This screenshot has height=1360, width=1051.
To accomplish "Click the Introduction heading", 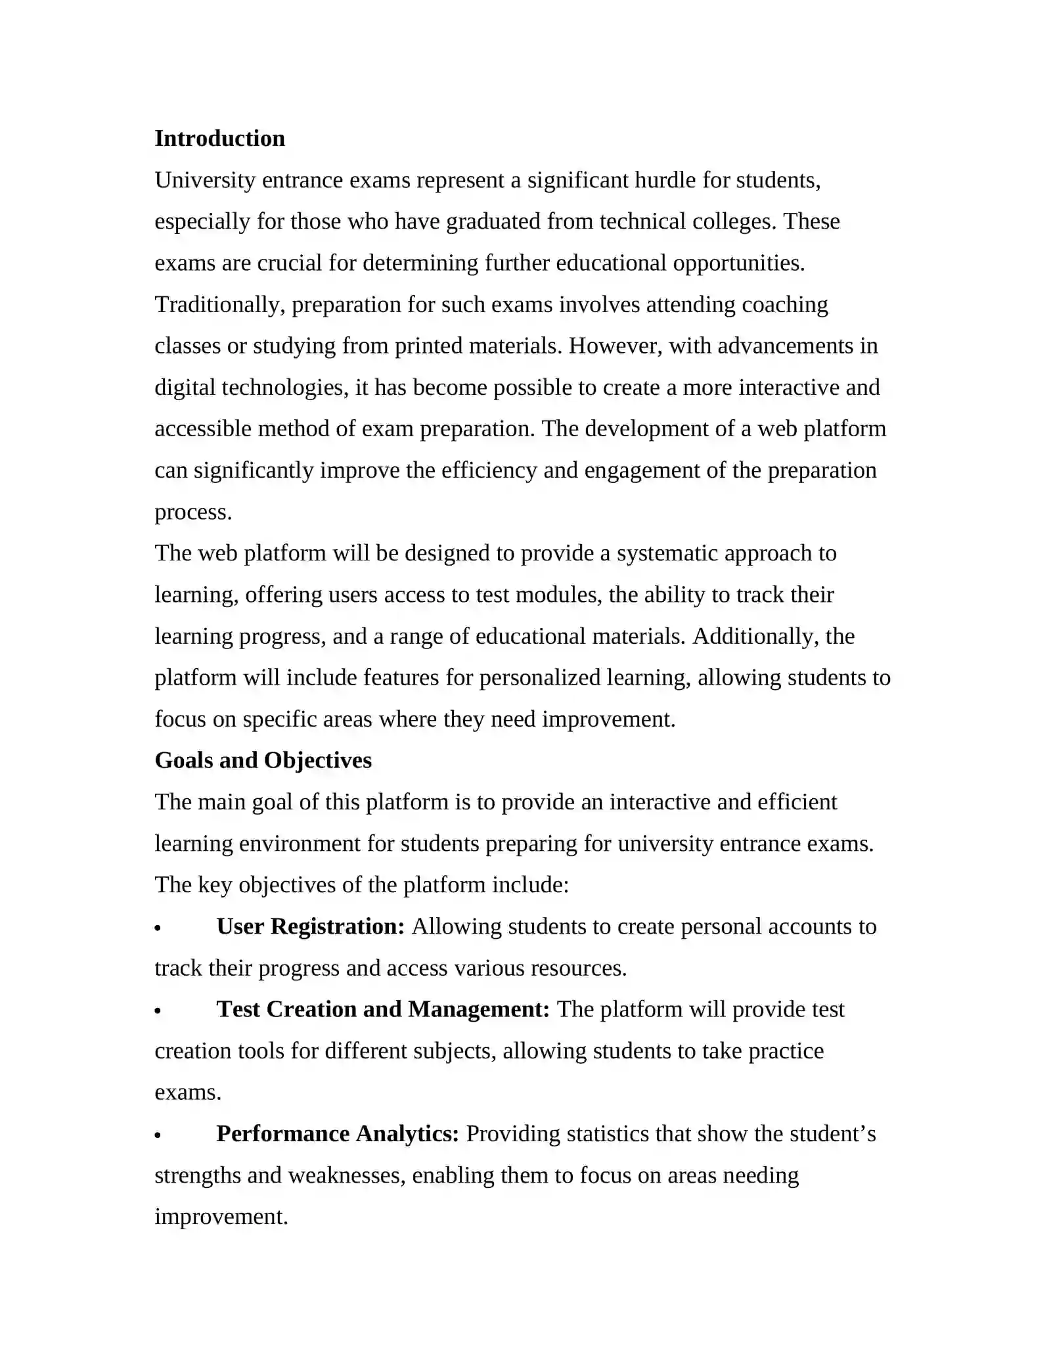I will (219, 139).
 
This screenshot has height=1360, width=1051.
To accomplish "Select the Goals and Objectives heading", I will (263, 760).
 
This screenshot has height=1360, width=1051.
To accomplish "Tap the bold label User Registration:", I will (310, 926).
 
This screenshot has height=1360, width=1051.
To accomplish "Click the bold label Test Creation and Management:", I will (383, 1009).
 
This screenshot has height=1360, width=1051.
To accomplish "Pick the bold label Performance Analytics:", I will (337, 1134).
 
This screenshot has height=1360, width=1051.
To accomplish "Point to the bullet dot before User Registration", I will (158, 928).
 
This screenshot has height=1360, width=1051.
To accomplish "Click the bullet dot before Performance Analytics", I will (158, 1136).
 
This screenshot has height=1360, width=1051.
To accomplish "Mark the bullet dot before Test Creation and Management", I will (158, 1011).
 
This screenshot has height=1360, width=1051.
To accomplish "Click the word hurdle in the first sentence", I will (665, 180).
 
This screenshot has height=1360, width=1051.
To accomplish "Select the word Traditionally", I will (219, 305).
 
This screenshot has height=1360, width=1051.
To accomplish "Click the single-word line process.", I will (193, 512).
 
